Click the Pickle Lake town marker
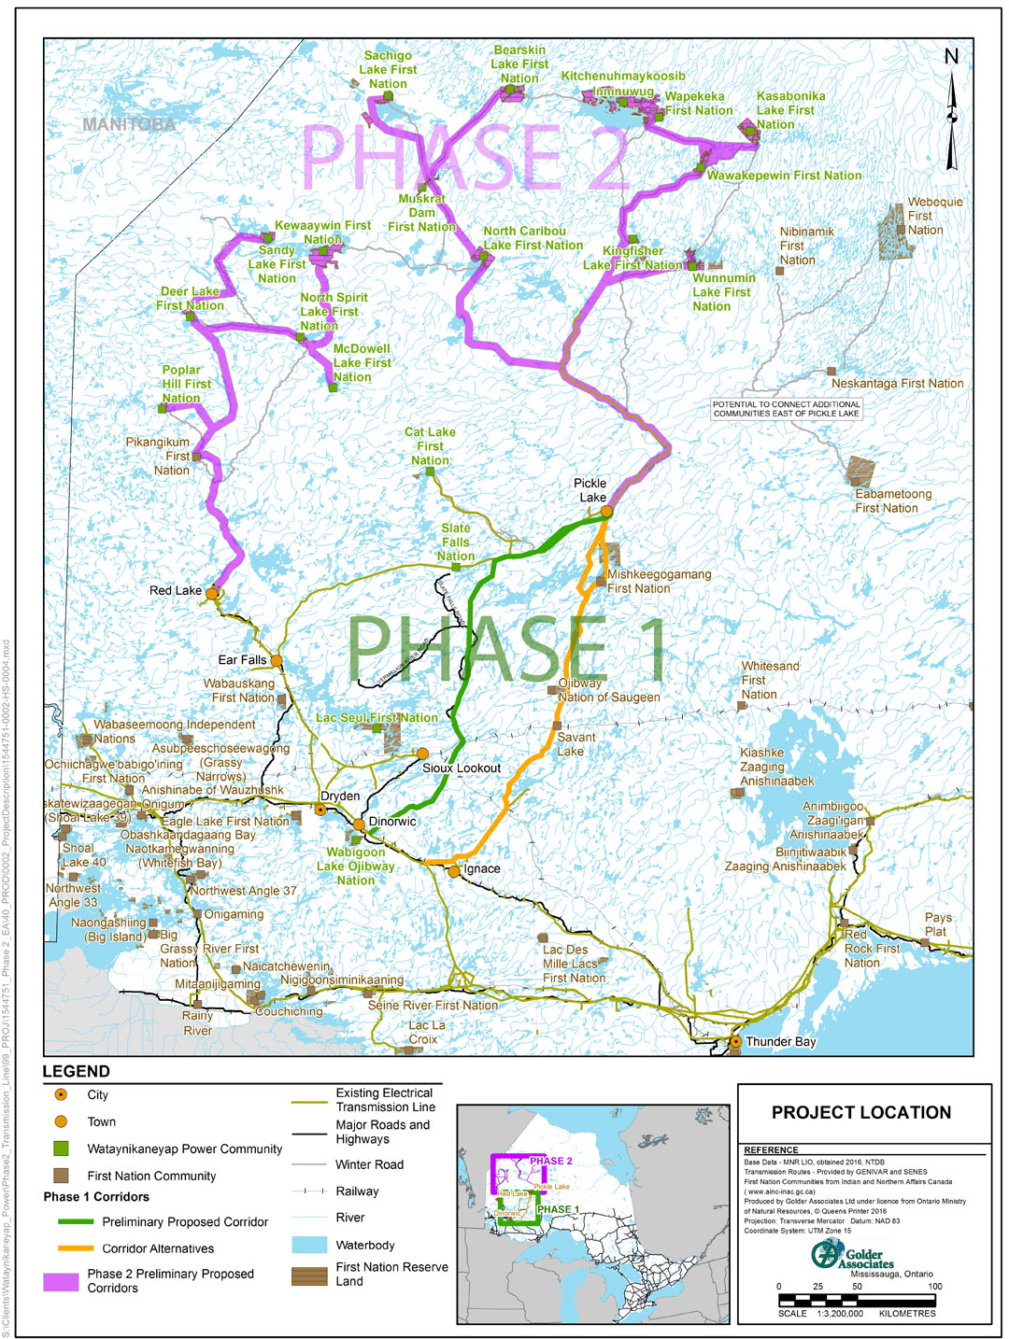(x=606, y=511)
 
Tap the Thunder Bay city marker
(x=736, y=1041)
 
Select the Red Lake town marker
(x=212, y=593)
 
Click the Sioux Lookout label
(x=462, y=768)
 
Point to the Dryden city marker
(x=321, y=810)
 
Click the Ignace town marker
(x=454, y=871)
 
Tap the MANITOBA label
(x=128, y=124)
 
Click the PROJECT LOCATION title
(x=860, y=1112)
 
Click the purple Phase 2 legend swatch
(x=61, y=1281)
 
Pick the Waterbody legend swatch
(x=309, y=1245)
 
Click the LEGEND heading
(x=76, y=1071)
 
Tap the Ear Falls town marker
(x=277, y=661)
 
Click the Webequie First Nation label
(x=933, y=216)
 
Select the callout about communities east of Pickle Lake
(x=786, y=409)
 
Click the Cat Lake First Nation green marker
(x=431, y=472)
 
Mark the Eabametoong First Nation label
(x=893, y=500)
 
